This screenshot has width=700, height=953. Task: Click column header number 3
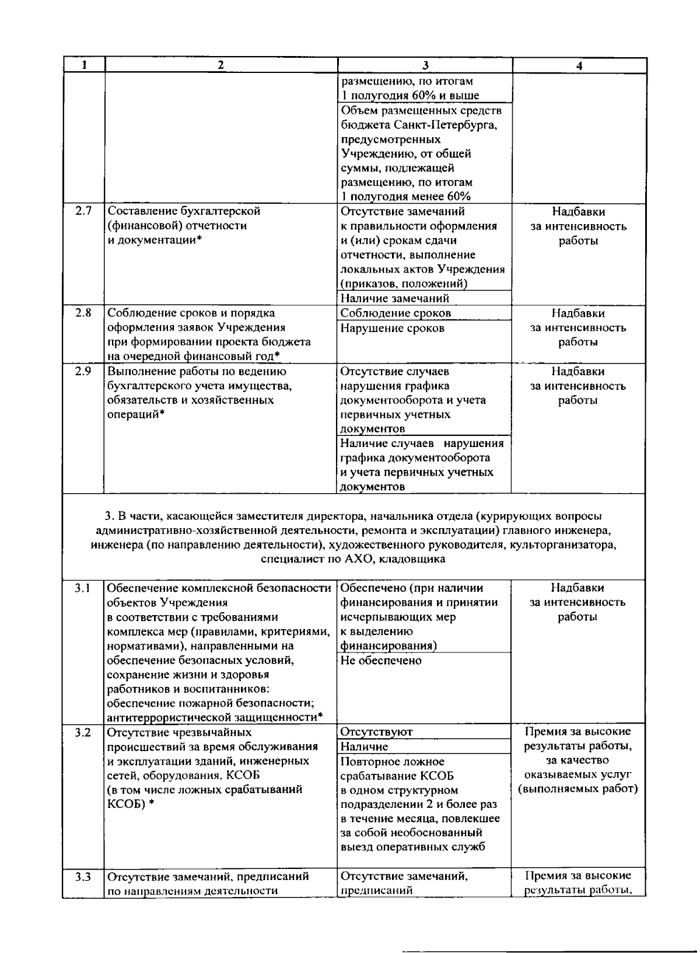click(425, 66)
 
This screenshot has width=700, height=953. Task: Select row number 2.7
click(83, 211)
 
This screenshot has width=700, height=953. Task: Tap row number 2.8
click(83, 313)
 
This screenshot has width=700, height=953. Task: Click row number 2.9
click(83, 371)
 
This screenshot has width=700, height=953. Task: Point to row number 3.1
click(83, 588)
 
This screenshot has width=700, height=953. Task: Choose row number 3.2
click(83, 732)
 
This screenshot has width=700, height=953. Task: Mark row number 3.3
click(83, 876)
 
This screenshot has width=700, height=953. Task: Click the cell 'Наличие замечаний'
click(395, 298)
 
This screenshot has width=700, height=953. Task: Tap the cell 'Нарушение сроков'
click(392, 328)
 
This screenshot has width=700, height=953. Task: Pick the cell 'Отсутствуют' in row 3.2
click(376, 732)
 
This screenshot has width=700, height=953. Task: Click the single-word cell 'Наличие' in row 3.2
click(364, 746)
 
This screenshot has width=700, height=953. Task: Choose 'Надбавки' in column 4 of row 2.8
click(577, 313)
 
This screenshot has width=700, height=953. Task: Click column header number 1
click(84, 66)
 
